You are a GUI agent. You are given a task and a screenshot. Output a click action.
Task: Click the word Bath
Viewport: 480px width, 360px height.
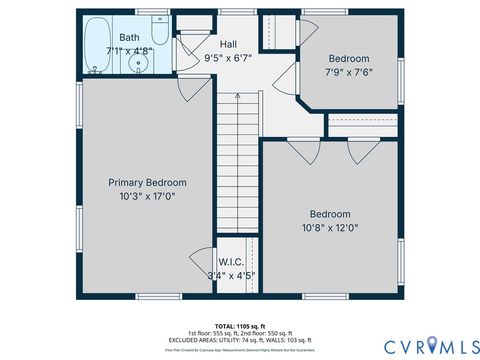pyautogui.click(x=129, y=37)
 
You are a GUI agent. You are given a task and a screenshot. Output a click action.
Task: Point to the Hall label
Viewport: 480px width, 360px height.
pyautogui.click(x=228, y=44)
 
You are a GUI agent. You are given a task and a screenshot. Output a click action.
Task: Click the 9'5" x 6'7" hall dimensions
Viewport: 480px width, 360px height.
pyautogui.click(x=228, y=58)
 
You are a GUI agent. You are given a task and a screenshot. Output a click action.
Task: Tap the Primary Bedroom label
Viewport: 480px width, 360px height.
pyautogui.click(x=147, y=182)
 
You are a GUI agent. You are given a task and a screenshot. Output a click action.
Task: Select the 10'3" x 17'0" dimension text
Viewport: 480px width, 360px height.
pyautogui.click(x=147, y=196)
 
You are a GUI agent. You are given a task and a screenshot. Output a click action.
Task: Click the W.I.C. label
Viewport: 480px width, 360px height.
pyautogui.click(x=231, y=262)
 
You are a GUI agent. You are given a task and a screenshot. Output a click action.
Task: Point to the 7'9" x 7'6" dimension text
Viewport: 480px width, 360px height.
pyautogui.click(x=348, y=73)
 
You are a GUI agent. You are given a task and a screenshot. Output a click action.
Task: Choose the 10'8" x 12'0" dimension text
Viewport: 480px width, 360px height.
pyautogui.click(x=329, y=228)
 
